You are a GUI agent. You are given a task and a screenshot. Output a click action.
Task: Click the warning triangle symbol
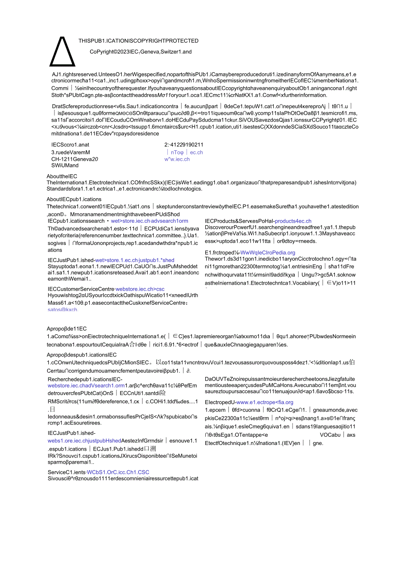[x=63, y=51]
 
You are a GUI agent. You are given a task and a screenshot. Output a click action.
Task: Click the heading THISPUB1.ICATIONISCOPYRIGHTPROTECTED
[x=138, y=41]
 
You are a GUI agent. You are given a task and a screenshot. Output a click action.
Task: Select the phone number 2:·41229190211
[x=184, y=145]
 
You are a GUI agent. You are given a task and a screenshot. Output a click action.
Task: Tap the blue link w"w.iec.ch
[x=177, y=159]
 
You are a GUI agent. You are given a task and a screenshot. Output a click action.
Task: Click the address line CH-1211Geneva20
[x=75, y=159]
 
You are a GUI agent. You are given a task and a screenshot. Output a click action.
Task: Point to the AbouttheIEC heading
[x=62, y=176]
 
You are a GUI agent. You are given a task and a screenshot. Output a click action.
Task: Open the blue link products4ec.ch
[x=293, y=221]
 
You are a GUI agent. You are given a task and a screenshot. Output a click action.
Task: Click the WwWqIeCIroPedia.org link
[x=268, y=252]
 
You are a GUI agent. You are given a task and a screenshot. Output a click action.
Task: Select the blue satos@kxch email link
[x=63, y=309]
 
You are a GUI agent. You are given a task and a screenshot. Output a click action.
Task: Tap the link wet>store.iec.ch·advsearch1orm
[x=150, y=221]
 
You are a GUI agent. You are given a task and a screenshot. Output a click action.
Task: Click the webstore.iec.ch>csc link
[x=140, y=289]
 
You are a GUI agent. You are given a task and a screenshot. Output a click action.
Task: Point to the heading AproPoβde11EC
[x=67, y=329]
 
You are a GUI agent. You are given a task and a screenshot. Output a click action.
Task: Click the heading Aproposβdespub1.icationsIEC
[x=82, y=355]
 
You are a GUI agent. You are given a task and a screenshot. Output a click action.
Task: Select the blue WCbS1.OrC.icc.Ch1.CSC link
[x=118, y=472]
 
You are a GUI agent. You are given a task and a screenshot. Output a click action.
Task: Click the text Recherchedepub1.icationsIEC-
[x=85, y=379]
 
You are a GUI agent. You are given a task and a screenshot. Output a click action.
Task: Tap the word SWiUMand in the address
[x=65, y=166]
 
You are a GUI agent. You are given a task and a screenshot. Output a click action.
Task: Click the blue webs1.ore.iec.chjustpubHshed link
[x=85, y=441]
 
